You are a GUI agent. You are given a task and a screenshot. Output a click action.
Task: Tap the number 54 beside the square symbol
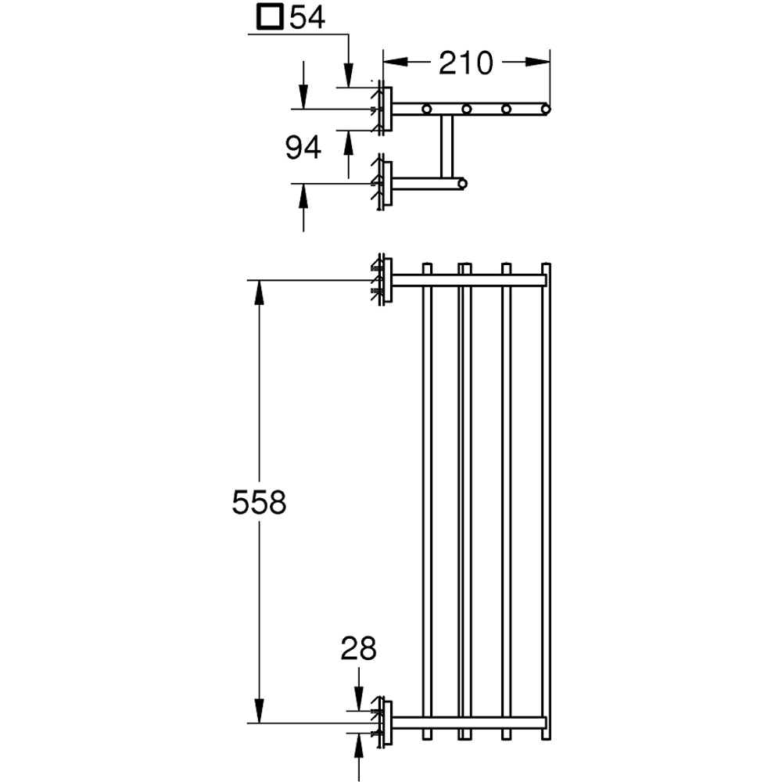[307, 17]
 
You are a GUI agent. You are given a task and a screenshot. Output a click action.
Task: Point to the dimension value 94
[303, 147]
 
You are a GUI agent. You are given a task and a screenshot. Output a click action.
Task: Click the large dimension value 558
[260, 504]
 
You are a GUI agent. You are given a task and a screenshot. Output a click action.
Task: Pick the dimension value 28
[358, 648]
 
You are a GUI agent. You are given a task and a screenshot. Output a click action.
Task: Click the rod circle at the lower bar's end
[462, 185]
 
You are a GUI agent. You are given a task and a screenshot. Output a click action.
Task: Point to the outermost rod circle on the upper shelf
[545, 108]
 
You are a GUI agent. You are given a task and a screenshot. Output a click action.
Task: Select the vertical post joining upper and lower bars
[447, 146]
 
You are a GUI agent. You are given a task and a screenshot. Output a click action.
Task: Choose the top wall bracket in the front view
[382, 280]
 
